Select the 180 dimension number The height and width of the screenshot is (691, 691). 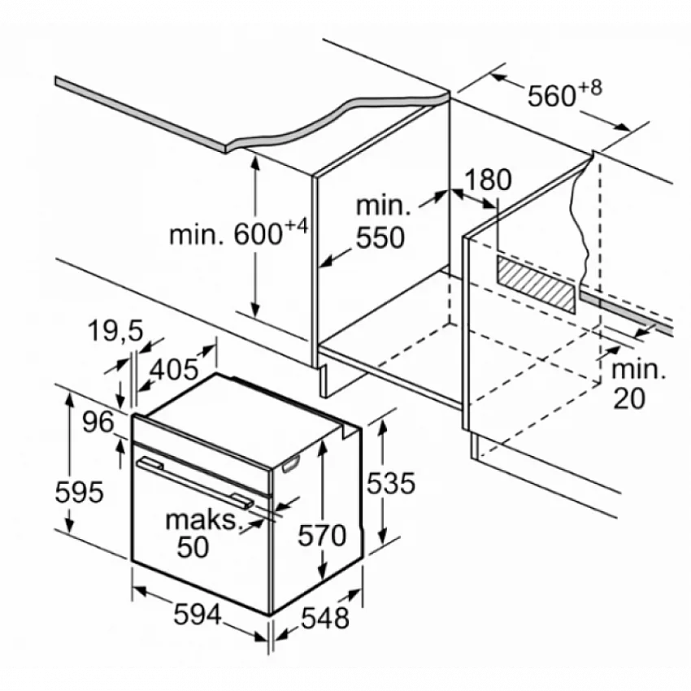tap(488, 180)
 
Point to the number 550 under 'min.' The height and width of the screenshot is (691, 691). tap(380, 238)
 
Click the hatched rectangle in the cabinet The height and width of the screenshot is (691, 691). tap(536, 284)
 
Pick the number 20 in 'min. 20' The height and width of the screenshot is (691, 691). tap(629, 398)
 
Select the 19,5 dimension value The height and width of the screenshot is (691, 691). tap(115, 331)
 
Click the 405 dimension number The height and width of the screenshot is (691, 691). tap(174, 369)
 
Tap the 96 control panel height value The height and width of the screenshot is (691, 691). tap(98, 422)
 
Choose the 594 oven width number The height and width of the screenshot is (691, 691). tap(197, 614)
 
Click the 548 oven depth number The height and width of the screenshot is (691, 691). tap(325, 618)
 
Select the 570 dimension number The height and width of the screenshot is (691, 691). tap(322, 536)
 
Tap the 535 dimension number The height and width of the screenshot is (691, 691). tap(391, 483)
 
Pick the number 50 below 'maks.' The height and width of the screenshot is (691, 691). tap(193, 547)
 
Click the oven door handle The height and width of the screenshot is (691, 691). tap(195, 483)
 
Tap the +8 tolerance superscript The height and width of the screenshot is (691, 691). tap(590, 88)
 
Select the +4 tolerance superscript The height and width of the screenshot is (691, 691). tap(296, 227)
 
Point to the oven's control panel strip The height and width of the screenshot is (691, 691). tap(202, 457)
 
